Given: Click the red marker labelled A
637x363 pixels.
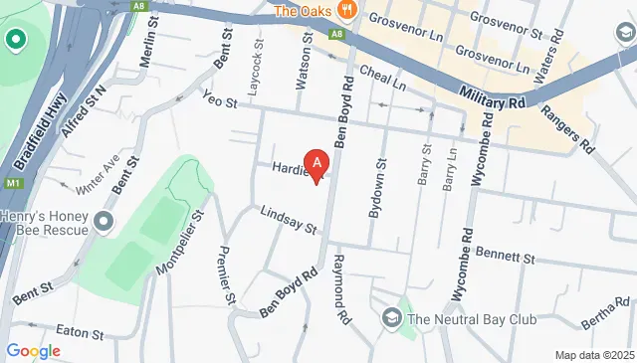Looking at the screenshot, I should pyautogui.click(x=317, y=163).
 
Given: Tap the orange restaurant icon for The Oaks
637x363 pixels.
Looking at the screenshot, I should pyautogui.click(x=346, y=11).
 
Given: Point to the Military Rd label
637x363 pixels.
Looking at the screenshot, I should pyautogui.click(x=494, y=95).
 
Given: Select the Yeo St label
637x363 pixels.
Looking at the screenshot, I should pyautogui.click(x=219, y=102).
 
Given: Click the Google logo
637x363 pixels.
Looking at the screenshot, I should pyautogui.click(x=33, y=350).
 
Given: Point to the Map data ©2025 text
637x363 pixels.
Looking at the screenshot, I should pyautogui.click(x=593, y=355).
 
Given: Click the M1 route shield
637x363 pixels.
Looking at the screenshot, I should pyautogui.click(x=11, y=184).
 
